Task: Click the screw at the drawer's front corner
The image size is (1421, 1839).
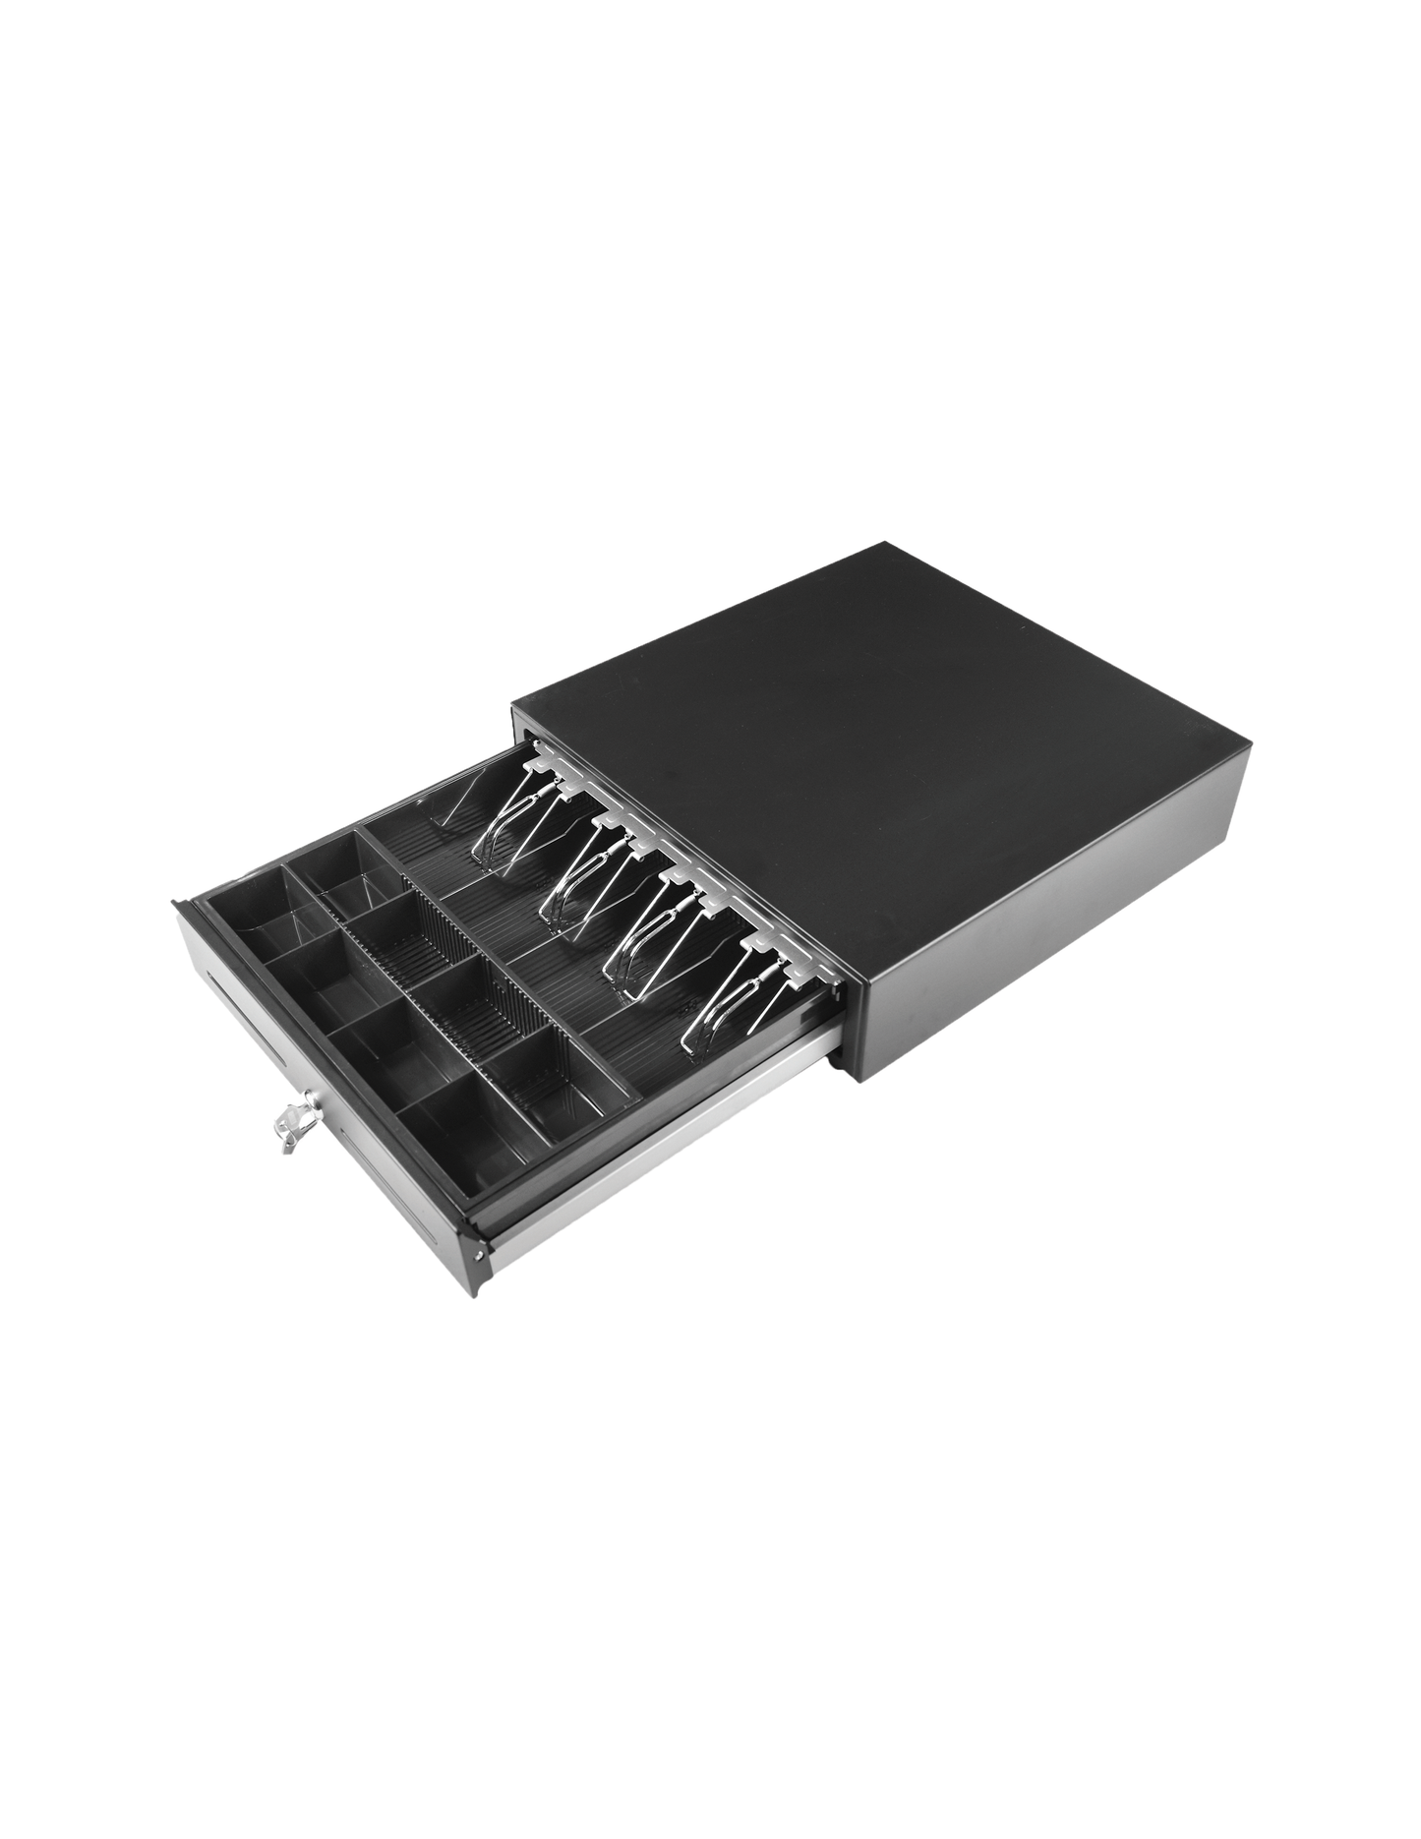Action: (478, 1253)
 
